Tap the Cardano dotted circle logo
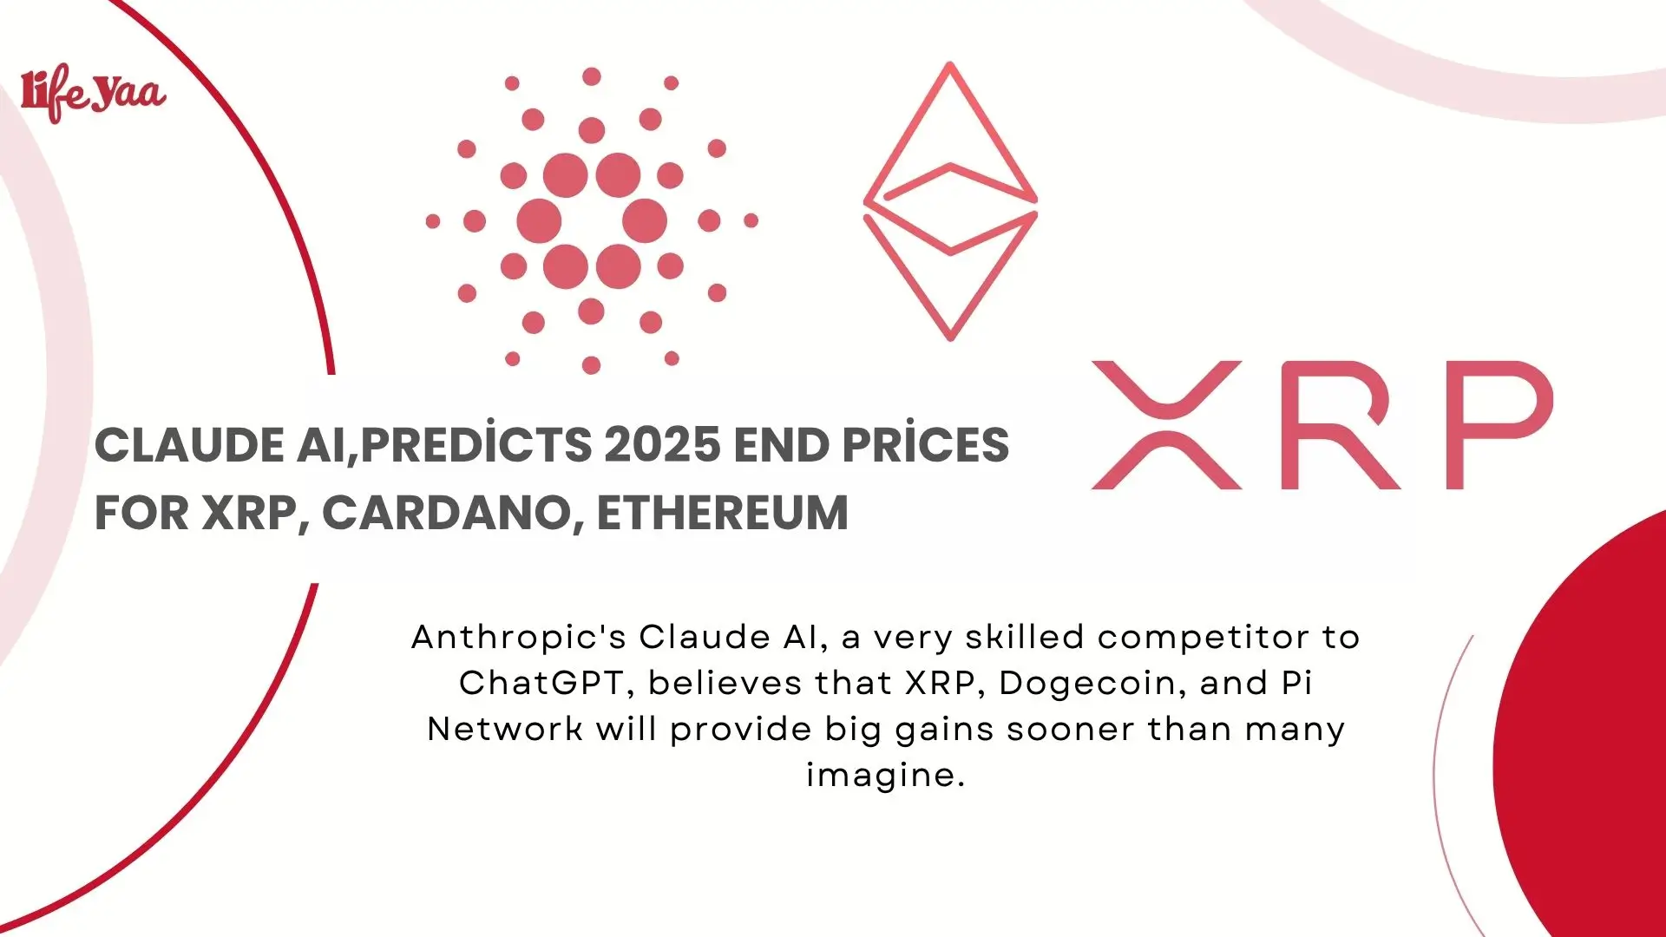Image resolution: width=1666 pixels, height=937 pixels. (x=592, y=220)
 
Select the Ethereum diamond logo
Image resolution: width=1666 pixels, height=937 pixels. (x=950, y=201)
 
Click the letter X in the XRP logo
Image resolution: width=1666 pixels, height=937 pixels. (x=1165, y=425)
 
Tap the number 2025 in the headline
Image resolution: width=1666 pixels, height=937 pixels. (x=662, y=445)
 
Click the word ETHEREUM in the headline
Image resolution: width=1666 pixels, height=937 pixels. (x=722, y=513)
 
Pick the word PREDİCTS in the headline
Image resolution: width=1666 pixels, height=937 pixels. (x=476, y=445)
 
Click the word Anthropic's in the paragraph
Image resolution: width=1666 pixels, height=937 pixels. (x=518, y=638)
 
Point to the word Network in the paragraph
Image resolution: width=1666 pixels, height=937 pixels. (x=504, y=730)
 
